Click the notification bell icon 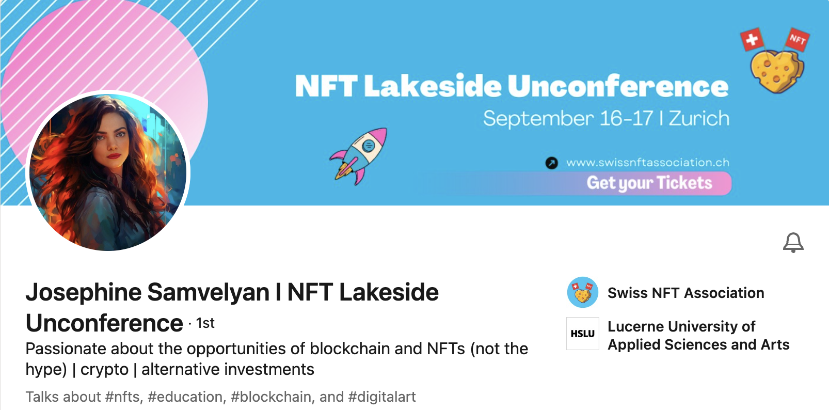tap(793, 243)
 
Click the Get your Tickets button tap(649, 183)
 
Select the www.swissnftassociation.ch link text tap(648, 162)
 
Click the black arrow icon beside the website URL tap(551, 163)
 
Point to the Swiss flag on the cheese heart tap(752, 39)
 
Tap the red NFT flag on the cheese tap(798, 39)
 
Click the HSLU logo tap(583, 334)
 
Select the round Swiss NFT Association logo tap(583, 292)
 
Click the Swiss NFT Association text tap(686, 293)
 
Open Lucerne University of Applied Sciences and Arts tap(698, 335)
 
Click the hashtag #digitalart tap(382, 397)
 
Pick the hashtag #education tap(185, 397)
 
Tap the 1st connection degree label tap(205, 323)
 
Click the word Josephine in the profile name tap(84, 293)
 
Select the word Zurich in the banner tap(699, 119)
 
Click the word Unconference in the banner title tap(618, 86)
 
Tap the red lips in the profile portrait tap(114, 156)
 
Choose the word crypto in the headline tap(104, 370)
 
